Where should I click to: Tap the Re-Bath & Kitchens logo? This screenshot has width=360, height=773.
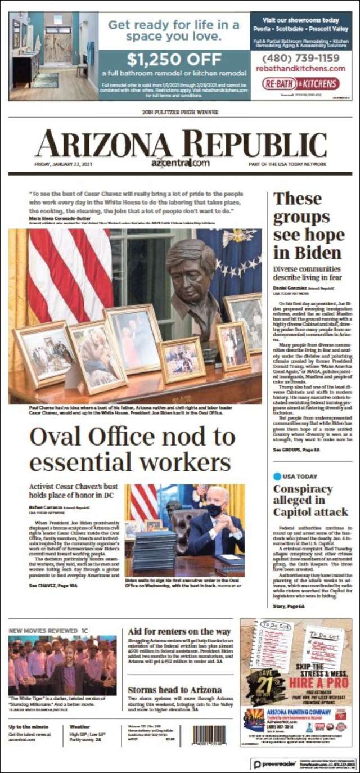point(300,84)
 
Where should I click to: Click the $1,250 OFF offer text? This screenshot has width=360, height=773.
point(174,59)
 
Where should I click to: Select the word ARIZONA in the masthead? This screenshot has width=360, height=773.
point(96,145)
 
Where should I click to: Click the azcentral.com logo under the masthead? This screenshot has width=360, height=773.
point(180,163)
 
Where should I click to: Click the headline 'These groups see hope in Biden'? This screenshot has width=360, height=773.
point(309,225)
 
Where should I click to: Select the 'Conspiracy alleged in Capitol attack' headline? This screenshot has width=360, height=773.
point(310,500)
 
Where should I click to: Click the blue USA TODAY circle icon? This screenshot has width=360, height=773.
point(277,476)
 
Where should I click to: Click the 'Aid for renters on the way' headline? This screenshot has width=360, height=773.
point(179,631)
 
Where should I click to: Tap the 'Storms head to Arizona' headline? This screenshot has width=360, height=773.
point(174,690)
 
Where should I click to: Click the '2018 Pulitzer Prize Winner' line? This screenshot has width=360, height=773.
point(180,112)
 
